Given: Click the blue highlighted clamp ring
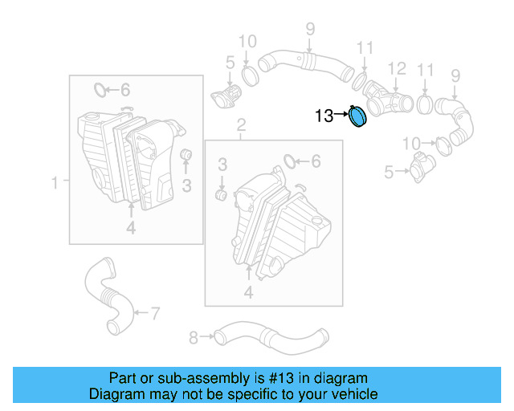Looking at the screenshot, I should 357,117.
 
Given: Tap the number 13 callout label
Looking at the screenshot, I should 324,116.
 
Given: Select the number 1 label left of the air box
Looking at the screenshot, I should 55,184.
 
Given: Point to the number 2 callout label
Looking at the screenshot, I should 240,124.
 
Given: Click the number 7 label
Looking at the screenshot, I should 155,311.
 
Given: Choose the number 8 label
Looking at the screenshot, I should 193,338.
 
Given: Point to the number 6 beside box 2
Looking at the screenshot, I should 316,162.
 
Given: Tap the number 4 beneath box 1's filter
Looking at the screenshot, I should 131,230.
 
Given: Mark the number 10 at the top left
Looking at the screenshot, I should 247,41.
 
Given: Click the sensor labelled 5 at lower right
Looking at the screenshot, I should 419,169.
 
